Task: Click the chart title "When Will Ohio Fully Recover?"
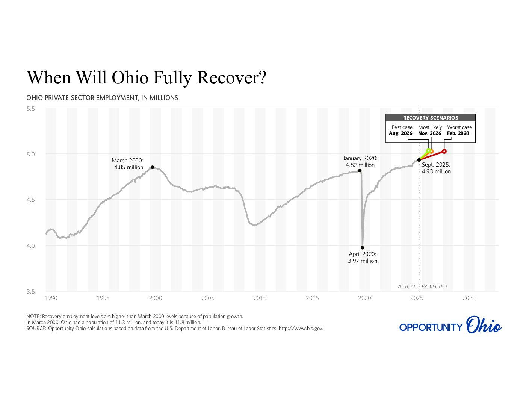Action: click(x=147, y=77)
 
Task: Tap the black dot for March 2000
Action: click(x=152, y=167)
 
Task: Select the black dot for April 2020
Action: click(x=362, y=248)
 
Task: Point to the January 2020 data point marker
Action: click(x=360, y=171)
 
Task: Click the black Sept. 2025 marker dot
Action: click(x=419, y=160)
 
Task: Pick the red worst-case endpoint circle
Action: click(x=444, y=151)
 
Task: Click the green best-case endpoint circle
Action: click(x=428, y=151)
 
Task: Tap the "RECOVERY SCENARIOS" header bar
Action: click(x=431, y=118)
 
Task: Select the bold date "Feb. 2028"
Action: click(x=458, y=133)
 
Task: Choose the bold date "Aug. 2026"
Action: click(x=401, y=133)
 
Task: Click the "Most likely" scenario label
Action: click(x=430, y=127)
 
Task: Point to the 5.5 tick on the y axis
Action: click(x=30, y=109)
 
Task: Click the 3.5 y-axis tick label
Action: click(x=30, y=292)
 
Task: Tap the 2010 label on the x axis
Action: click(x=260, y=298)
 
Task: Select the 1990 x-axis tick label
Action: click(x=51, y=298)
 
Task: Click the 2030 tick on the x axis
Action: click(x=469, y=298)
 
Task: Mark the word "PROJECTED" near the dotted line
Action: click(x=434, y=286)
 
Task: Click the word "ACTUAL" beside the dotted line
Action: click(x=407, y=286)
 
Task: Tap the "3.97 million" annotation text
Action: click(x=363, y=261)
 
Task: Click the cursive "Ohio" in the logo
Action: click(x=484, y=326)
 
